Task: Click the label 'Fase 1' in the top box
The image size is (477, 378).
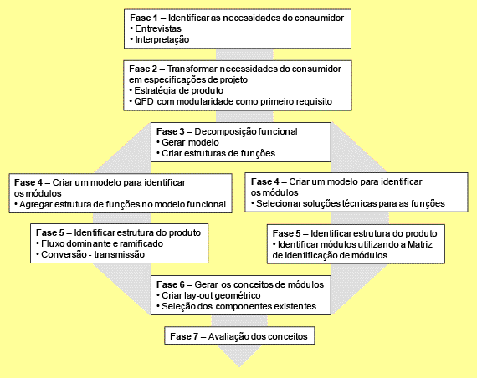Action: click(144, 18)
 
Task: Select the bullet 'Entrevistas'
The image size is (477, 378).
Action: click(158, 28)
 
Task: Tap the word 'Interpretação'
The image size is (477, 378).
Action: click(162, 39)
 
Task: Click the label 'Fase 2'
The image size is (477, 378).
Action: click(143, 69)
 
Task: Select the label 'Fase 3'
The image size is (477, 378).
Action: click(171, 131)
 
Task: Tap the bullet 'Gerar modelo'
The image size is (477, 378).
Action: click(190, 142)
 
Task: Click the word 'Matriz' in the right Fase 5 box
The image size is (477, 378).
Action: click(420, 244)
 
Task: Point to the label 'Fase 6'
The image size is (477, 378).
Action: click(171, 284)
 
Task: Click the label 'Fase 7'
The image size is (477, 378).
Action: click(184, 336)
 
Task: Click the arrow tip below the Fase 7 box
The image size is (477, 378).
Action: click(239, 367)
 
